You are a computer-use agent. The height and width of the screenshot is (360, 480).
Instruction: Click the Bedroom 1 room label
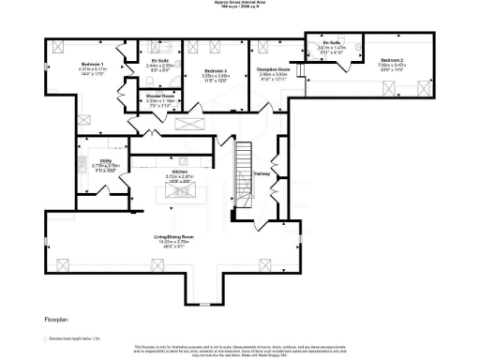pos(91,65)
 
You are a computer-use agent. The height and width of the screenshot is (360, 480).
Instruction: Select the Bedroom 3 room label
pos(217,70)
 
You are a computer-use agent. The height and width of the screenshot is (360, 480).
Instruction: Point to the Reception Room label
pos(271,69)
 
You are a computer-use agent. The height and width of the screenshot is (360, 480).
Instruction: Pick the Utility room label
pos(106,160)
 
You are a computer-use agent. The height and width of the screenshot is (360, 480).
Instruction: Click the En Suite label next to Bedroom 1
pos(158,61)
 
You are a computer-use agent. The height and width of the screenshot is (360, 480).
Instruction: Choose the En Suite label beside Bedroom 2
pos(330,44)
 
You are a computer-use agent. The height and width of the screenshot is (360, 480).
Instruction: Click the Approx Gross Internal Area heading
pos(240,3)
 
